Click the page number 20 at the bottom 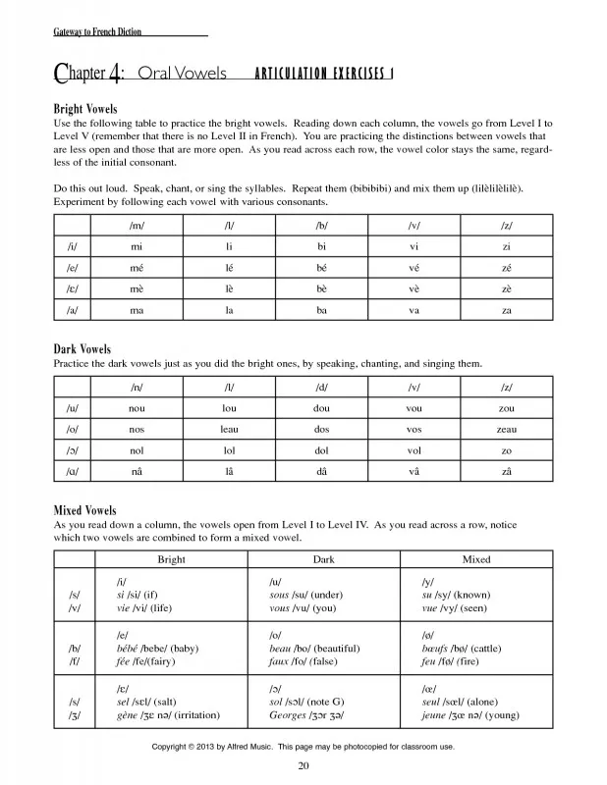(x=303, y=765)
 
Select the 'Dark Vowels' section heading (x=82, y=348)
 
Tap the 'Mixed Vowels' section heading (x=84, y=510)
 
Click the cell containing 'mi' (x=136, y=247)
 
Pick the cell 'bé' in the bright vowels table (x=320, y=268)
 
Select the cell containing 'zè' (x=506, y=288)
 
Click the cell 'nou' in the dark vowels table (x=136, y=408)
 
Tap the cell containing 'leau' (x=228, y=429)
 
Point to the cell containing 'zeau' (x=506, y=429)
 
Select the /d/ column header (x=320, y=388)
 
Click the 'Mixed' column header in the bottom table (x=476, y=559)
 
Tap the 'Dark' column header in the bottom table (x=323, y=559)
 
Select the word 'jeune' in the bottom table (x=435, y=715)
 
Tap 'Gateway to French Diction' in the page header (x=97, y=31)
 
